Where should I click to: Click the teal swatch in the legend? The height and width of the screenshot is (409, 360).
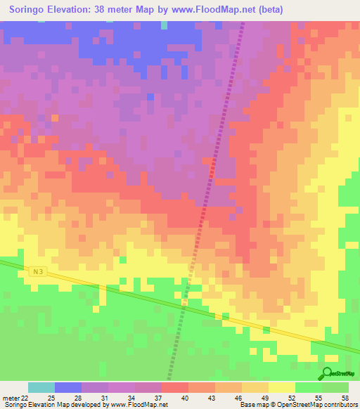tap(41, 387)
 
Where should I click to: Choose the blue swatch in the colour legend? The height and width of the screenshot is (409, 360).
tap(68, 387)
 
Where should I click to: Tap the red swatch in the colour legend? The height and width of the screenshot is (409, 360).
tap(174, 387)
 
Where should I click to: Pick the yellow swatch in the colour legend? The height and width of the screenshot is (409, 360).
tap(281, 387)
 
